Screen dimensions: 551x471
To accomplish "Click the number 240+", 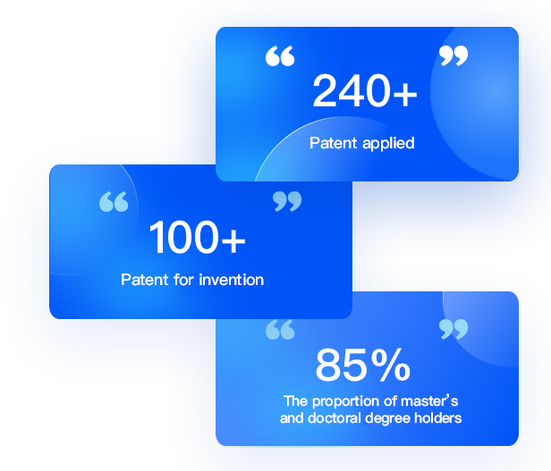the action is [x=365, y=90].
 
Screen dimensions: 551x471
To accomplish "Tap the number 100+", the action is [x=197, y=237].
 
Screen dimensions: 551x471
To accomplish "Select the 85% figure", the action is [x=363, y=365].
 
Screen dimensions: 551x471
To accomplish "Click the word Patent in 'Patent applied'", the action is [x=333, y=143].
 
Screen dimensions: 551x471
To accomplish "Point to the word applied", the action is [x=388, y=144].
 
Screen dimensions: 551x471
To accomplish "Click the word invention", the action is [x=231, y=280].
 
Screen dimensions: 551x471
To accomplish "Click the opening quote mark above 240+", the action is [x=280, y=55].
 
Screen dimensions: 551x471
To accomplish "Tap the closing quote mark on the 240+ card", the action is [x=454, y=55].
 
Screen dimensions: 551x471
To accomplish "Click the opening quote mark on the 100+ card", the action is [x=114, y=202].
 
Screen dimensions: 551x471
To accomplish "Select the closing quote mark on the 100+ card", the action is [x=287, y=201].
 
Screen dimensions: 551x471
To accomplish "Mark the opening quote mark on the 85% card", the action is [x=280, y=330].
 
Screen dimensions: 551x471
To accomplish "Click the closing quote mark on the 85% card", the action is [x=454, y=329].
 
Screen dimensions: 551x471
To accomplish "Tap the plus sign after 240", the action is [x=405, y=94].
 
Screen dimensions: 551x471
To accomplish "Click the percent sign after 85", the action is [x=390, y=365].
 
